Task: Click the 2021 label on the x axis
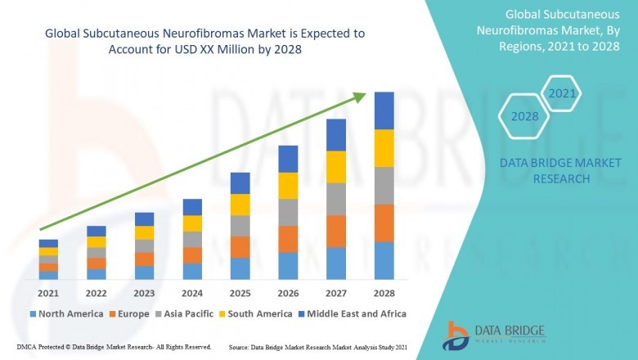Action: tap(48, 292)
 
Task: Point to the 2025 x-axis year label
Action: tap(240, 292)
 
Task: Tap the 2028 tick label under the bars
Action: tap(384, 292)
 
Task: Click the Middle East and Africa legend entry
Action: tap(355, 313)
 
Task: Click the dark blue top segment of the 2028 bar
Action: tap(384, 110)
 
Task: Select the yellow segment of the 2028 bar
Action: tap(384, 148)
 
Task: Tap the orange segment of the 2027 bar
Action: tap(335, 231)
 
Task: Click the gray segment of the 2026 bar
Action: tap(288, 212)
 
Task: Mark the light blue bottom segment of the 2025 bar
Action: tap(240, 268)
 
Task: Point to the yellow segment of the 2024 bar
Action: tap(192, 223)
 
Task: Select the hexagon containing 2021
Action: tap(562, 94)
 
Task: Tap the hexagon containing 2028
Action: tap(524, 117)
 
